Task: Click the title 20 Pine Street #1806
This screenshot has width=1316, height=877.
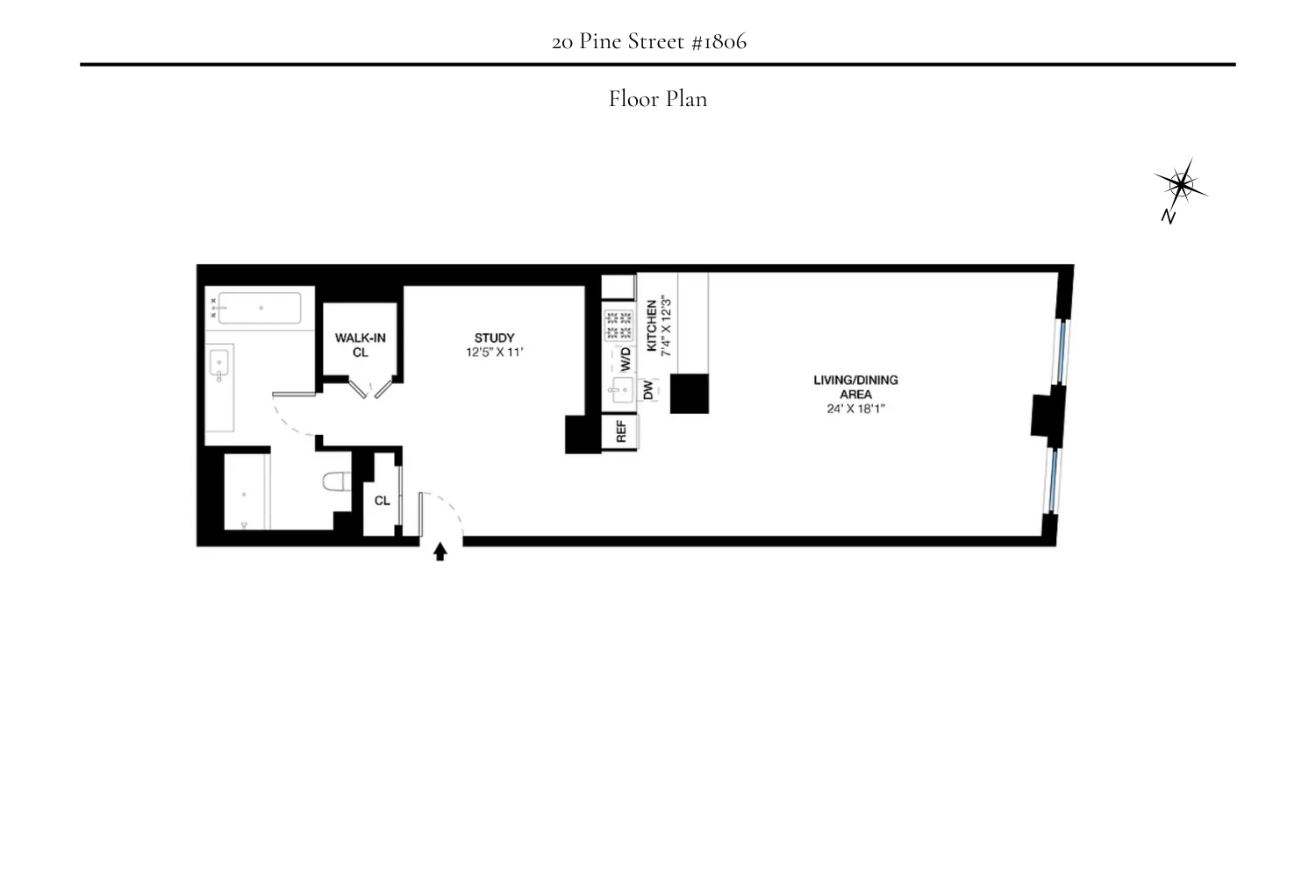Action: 649,41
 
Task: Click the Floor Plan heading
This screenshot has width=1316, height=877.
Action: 658,99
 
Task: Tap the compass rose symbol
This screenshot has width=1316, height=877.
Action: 1180,185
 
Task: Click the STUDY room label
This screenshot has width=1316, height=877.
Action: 494,338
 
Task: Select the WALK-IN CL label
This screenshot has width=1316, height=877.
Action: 360,345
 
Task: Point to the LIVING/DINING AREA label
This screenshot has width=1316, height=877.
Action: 855,387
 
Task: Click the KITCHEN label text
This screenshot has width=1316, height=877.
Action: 652,325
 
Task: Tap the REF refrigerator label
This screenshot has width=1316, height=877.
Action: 621,431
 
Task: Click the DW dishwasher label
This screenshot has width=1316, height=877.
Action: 648,390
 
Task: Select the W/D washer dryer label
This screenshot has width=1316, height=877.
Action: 626,358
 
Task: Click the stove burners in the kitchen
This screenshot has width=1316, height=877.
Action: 619,325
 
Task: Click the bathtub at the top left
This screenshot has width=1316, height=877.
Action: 260,308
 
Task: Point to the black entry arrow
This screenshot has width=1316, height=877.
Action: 440,552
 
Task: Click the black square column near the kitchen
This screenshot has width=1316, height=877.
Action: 690,394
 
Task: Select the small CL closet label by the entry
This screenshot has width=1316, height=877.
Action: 382,501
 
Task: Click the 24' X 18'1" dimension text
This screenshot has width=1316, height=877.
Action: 855,409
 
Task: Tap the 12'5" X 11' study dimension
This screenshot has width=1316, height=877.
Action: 494,353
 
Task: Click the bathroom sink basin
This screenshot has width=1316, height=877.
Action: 219,362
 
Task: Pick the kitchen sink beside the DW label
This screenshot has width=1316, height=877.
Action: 621,393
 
